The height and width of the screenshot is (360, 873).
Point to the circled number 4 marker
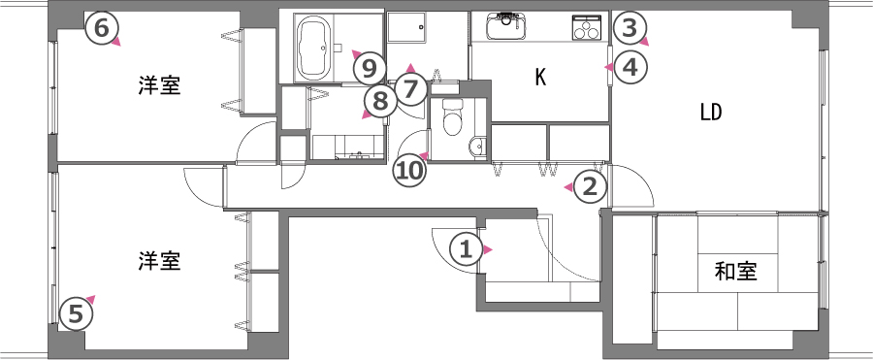click(x=630, y=68)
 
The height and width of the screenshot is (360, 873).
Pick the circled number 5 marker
click(x=76, y=313)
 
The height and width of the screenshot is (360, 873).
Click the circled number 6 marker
click(x=101, y=28)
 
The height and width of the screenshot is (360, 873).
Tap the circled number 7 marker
click(x=411, y=89)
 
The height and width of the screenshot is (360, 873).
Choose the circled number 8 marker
click(x=379, y=102)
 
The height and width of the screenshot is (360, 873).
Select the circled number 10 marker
click(x=409, y=170)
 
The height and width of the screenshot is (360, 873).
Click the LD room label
click(x=711, y=114)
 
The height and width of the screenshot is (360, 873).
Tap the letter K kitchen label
click(x=540, y=79)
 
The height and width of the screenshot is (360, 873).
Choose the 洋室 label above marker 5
click(x=160, y=261)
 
